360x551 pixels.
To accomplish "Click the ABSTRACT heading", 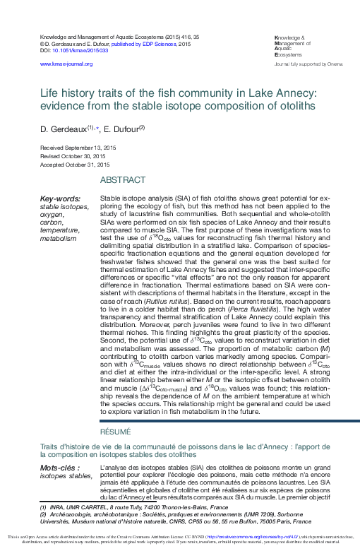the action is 122,180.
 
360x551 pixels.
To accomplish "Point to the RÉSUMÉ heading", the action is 115,430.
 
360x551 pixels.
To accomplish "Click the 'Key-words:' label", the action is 60,199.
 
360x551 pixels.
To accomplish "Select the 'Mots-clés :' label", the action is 59,468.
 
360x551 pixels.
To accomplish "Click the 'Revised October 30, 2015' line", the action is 73,157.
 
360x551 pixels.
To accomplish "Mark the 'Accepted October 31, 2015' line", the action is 73,164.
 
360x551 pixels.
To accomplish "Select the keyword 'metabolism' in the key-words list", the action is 58,239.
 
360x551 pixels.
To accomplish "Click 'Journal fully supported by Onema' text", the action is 308,64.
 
